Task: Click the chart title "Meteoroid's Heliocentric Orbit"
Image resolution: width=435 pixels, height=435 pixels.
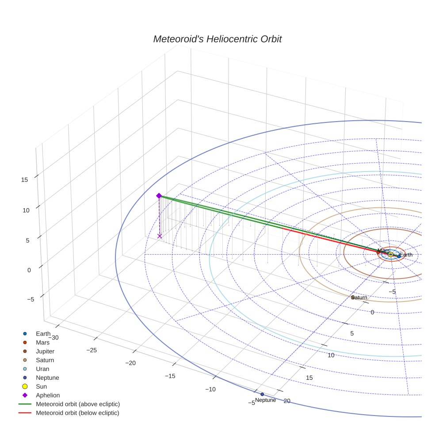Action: (217, 39)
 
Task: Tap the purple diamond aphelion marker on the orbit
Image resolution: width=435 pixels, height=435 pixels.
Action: (159, 196)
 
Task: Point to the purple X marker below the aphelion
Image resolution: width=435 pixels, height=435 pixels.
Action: (160, 236)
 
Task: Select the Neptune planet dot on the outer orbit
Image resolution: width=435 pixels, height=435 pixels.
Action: (262, 394)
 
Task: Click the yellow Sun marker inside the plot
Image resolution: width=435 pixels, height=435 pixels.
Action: (390, 254)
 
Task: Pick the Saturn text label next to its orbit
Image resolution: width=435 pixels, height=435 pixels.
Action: (359, 298)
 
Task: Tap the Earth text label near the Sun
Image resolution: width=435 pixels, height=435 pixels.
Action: (406, 255)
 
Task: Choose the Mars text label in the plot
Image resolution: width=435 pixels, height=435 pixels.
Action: (383, 251)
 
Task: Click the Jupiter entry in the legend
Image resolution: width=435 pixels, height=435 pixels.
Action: (45, 351)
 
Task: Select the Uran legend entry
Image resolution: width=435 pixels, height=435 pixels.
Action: (42, 369)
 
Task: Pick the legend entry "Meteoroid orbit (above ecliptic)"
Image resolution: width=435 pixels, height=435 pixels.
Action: (78, 404)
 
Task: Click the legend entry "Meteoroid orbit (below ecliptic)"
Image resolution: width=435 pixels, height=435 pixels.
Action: (77, 413)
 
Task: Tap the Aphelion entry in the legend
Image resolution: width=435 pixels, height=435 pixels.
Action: (48, 395)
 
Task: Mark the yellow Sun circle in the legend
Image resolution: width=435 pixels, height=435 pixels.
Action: (25, 386)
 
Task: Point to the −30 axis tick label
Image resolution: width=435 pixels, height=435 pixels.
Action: (53, 337)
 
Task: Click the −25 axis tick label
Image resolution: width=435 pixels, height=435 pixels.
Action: (91, 350)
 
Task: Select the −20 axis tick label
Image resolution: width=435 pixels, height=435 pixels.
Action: (130, 363)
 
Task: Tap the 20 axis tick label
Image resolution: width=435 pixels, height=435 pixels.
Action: (287, 401)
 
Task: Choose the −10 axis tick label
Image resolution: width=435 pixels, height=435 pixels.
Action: (210, 389)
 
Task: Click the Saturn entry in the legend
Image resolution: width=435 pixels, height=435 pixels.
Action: (45, 360)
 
